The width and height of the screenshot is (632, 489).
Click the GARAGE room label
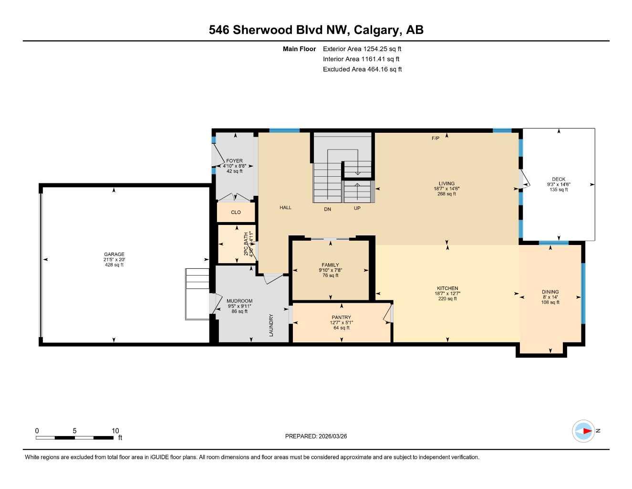point(114,255)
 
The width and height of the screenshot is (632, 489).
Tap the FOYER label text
point(234,161)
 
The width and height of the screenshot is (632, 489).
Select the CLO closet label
point(236,213)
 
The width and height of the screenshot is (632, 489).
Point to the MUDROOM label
point(239,301)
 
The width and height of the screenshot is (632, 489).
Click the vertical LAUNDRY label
point(271,325)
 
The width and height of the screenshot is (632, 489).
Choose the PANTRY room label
point(341,318)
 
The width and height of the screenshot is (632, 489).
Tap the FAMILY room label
point(330,265)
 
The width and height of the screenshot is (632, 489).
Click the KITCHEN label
point(447,288)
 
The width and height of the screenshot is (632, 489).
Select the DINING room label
point(550,292)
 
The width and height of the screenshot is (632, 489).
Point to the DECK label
point(559,180)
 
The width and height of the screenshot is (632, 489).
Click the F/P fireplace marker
point(435,138)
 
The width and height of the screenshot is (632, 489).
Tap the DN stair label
point(327,209)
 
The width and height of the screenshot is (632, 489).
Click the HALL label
point(285,208)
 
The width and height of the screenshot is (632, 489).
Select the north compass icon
point(583,431)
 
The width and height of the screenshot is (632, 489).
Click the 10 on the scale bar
point(115,431)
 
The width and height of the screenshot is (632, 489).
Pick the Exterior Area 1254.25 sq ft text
point(362,49)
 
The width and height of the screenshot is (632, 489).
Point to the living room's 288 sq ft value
point(446,194)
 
